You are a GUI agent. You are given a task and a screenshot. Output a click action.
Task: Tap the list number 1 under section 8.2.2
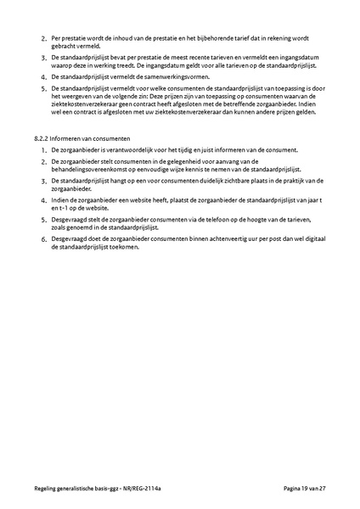(44, 148)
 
